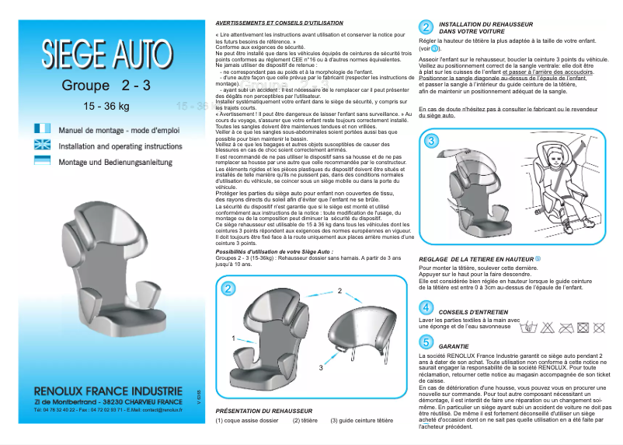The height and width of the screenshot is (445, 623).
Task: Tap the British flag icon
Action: (43, 145)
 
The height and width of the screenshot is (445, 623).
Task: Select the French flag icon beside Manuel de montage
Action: (43, 128)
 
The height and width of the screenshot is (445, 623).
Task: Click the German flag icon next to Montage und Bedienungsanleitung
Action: (43, 161)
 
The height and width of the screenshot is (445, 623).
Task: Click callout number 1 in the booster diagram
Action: (234, 338)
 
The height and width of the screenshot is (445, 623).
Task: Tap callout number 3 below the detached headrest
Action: (321, 366)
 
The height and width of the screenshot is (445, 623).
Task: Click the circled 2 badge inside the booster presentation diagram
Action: (228, 289)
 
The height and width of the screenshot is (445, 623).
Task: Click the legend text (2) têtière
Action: (306, 420)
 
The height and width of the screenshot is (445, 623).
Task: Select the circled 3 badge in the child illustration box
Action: (432, 141)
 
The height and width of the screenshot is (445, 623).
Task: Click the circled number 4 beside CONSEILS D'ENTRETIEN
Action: (426, 308)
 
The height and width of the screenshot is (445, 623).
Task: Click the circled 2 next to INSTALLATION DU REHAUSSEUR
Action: (426, 28)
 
